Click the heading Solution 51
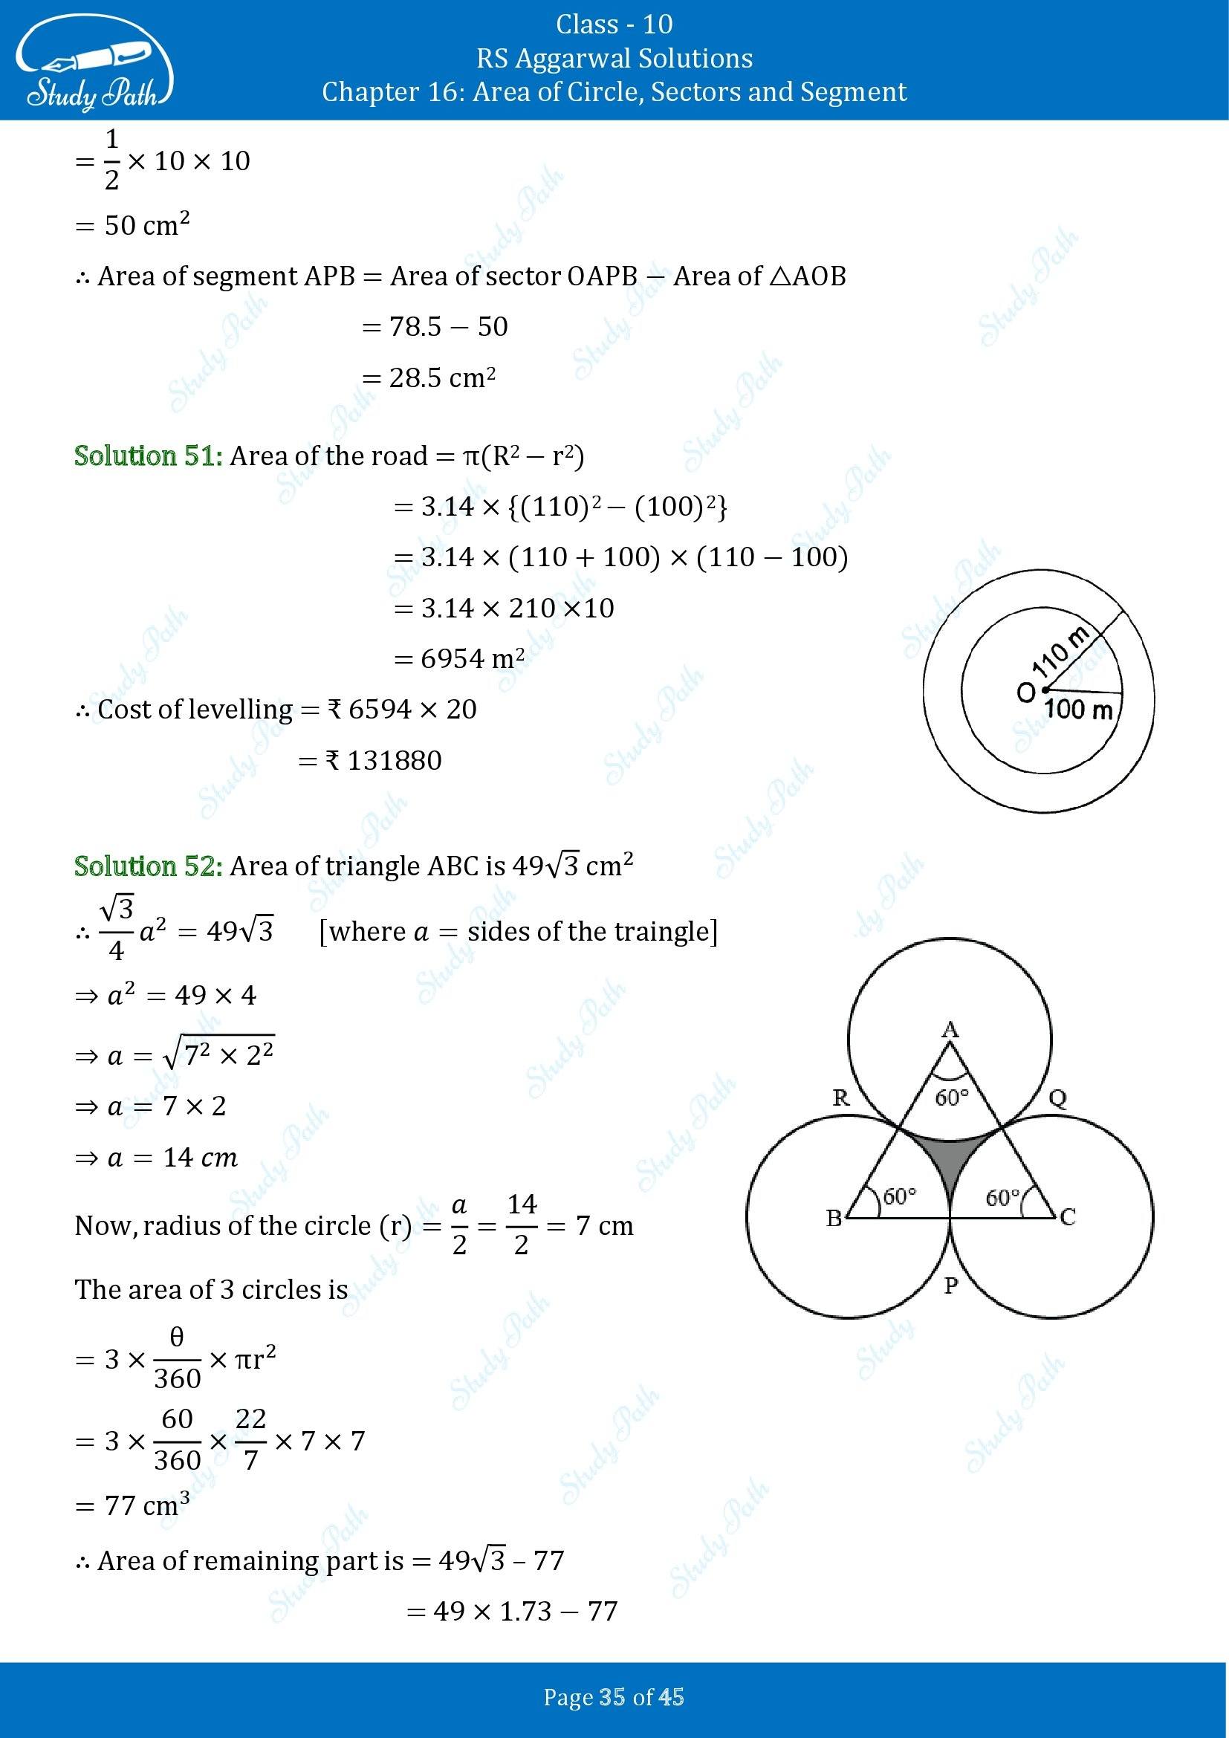coord(149,456)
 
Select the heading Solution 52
coord(149,866)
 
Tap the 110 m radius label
coord(1062,652)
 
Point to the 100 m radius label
coord(1078,710)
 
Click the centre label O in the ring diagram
coord(1025,692)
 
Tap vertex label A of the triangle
coord(950,1028)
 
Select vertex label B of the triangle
coord(834,1218)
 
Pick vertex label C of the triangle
coord(1068,1217)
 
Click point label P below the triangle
coord(951,1285)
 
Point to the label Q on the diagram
coord(1058,1098)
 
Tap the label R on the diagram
coord(841,1098)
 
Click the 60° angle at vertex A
coord(951,1097)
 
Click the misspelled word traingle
coord(667,931)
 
